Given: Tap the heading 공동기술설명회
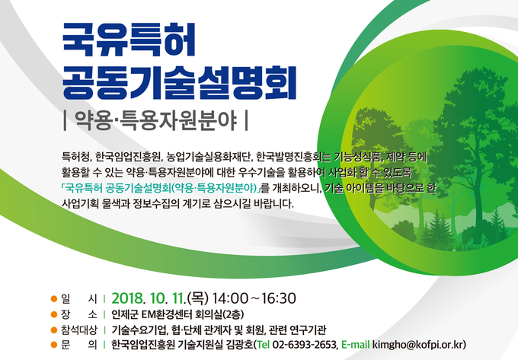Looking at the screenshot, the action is pyautogui.click(x=179, y=83).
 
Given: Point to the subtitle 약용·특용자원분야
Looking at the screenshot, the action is pyautogui.click(x=155, y=121).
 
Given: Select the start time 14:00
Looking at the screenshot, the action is pyautogui.click(x=229, y=298).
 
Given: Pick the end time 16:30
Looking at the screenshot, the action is pyautogui.click(x=278, y=298).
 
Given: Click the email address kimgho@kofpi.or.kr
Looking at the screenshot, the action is pyautogui.click(x=418, y=345).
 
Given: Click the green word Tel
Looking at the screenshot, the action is pyautogui.click(x=264, y=345).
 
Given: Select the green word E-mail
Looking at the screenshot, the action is pyautogui.click(x=356, y=345).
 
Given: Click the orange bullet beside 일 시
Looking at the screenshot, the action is pyautogui.click(x=54, y=299).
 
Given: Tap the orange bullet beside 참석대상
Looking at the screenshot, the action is pyautogui.click(x=54, y=330).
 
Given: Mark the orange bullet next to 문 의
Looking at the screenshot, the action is pyautogui.click(x=54, y=345).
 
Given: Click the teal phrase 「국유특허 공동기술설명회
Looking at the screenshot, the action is pyautogui.click(x=116, y=188).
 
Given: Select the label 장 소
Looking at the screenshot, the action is pyautogui.click(x=79, y=314).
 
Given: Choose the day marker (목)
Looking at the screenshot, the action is pyautogui.click(x=198, y=298).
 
